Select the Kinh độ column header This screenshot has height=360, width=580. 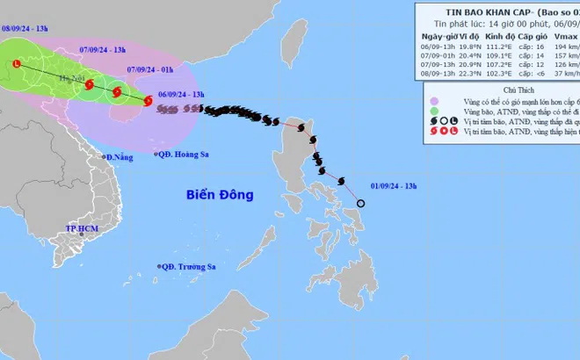point(499,35)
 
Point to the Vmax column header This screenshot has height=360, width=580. point(563,35)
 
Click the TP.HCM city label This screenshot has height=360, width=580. point(82,229)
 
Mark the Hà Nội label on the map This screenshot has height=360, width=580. point(67,76)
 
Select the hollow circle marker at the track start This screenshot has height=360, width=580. point(360,204)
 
